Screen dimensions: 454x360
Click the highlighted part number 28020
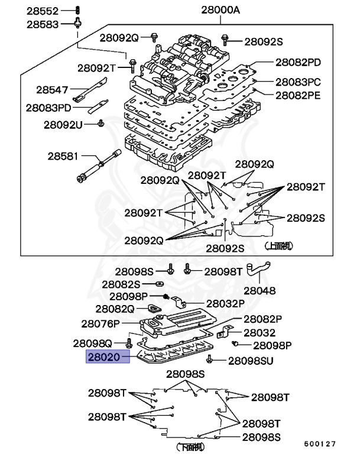[107, 357]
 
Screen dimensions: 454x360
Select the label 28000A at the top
[220, 11]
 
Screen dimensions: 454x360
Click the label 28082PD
[298, 62]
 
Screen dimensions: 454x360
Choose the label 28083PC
[298, 82]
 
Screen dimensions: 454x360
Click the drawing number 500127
[320, 443]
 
